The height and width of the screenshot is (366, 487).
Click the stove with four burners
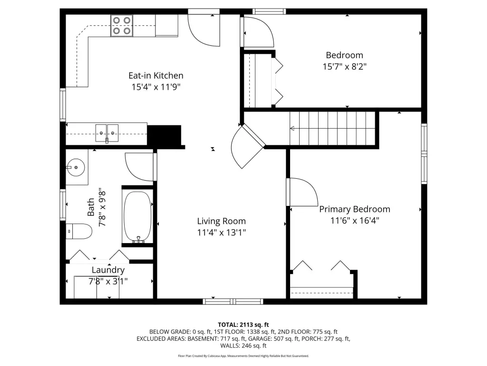pyautogui.click(x=122, y=26)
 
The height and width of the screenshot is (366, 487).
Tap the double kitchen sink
pyautogui.click(x=107, y=133)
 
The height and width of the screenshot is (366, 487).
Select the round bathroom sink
pyautogui.click(x=76, y=167)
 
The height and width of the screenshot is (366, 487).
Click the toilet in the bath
pyautogui.click(x=79, y=231)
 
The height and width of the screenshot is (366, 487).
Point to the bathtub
pyautogui.click(x=137, y=217)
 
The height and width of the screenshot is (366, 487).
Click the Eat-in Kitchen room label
pyautogui.click(x=156, y=76)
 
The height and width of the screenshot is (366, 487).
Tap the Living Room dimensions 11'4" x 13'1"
pyautogui.click(x=222, y=233)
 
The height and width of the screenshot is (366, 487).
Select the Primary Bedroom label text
pyautogui.click(x=355, y=209)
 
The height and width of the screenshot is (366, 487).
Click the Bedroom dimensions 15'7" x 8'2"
pyautogui.click(x=344, y=67)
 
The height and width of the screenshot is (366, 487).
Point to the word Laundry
pyautogui.click(x=108, y=270)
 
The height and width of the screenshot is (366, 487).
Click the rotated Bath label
pyautogui.click(x=91, y=207)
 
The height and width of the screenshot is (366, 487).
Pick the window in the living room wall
pyautogui.click(x=233, y=301)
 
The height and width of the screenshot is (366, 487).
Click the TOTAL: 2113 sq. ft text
pyautogui.click(x=243, y=325)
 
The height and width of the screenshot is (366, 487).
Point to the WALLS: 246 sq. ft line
pyautogui.click(x=243, y=346)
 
